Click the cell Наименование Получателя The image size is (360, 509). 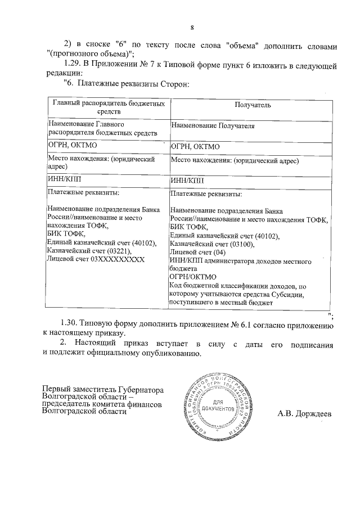click(x=212, y=126)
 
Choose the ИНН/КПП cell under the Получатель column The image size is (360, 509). click(x=187, y=181)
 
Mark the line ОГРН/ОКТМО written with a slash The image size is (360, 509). click(x=191, y=277)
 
